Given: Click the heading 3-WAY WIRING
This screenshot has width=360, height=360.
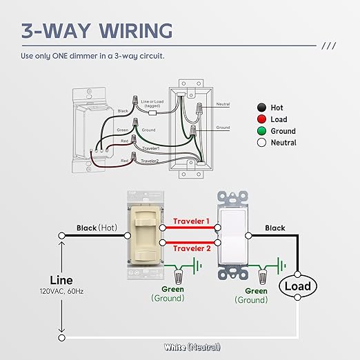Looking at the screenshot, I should [x=97, y=31].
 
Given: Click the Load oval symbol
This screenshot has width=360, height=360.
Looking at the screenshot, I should [x=297, y=286].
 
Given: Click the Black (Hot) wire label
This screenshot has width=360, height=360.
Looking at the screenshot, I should [x=96, y=228].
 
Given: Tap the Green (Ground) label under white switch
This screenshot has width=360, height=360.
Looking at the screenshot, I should [x=251, y=295].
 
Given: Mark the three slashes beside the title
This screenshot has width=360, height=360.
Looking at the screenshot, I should [x=329, y=46].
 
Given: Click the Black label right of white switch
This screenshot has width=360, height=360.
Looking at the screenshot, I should [x=274, y=228].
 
